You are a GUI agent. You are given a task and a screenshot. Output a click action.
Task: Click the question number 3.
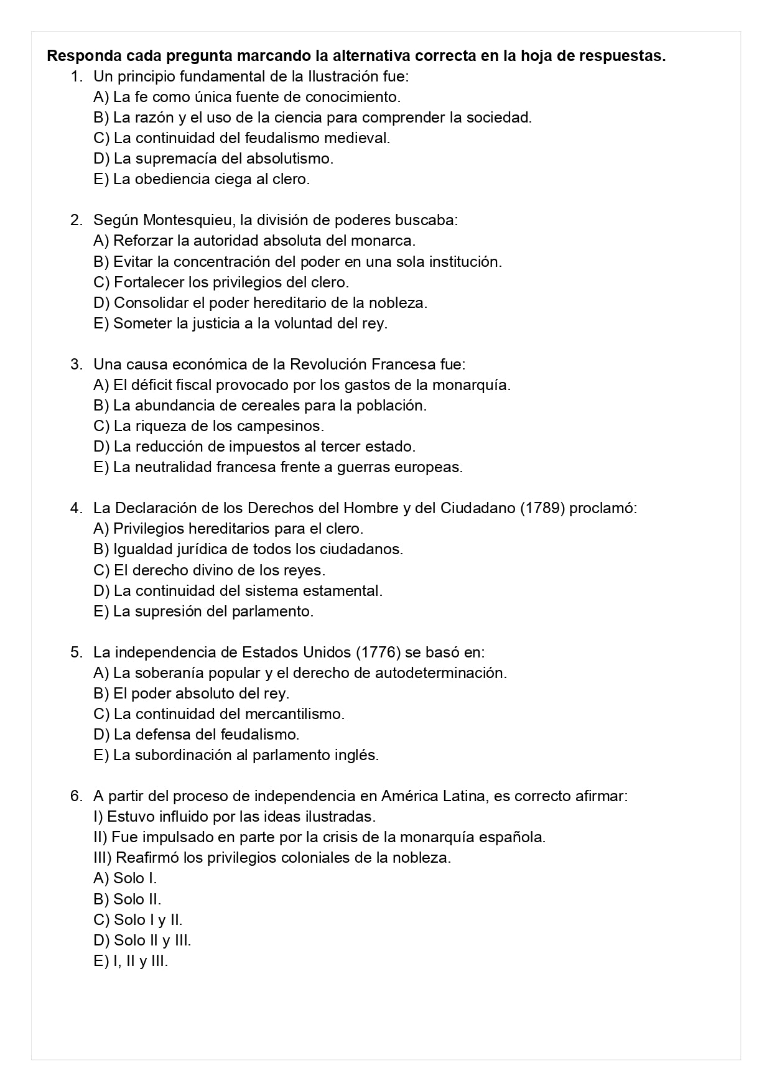click(x=76, y=364)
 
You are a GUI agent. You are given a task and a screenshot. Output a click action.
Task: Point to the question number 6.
click(x=76, y=796)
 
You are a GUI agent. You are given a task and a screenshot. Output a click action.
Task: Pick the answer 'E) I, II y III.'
click(x=131, y=961)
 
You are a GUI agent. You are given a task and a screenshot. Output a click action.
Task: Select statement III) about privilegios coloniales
click(x=272, y=858)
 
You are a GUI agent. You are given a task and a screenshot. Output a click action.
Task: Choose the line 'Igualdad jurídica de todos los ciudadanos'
click(x=258, y=549)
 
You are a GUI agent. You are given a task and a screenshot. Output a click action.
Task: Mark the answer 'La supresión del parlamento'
click(x=213, y=611)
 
